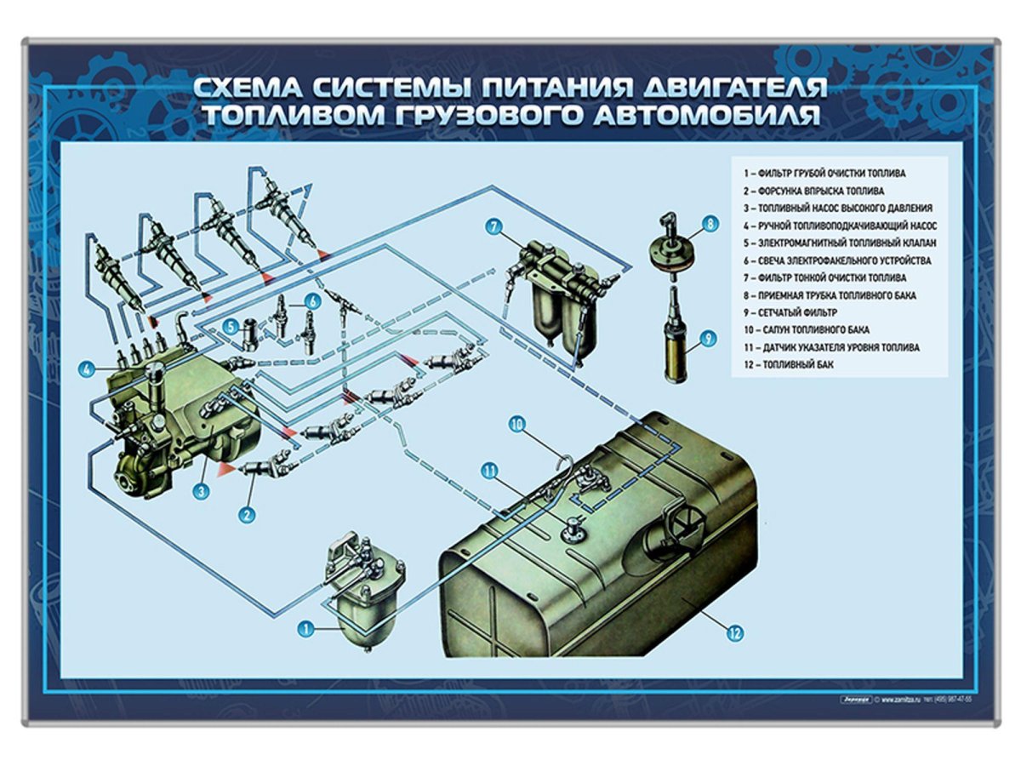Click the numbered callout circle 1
point(303,629)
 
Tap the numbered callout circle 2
point(247,513)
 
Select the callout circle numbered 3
point(202,491)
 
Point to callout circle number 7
point(494,226)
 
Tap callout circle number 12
point(734,632)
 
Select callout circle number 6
point(312,300)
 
